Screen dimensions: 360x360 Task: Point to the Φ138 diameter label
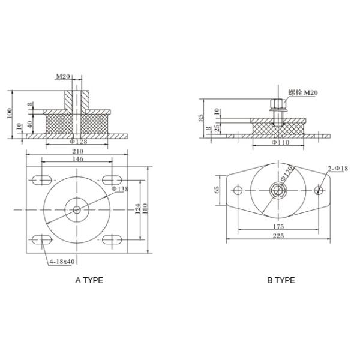click(120, 189)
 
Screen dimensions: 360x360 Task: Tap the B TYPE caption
click(281, 280)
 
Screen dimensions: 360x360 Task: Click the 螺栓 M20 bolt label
click(302, 92)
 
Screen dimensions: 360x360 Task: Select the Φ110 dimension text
click(280, 144)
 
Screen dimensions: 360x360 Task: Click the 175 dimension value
click(279, 227)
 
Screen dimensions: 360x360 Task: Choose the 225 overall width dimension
click(279, 236)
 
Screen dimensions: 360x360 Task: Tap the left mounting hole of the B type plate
click(238, 192)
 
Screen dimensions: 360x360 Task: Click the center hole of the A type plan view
click(76, 209)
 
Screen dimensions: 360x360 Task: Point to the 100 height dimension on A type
click(10, 113)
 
